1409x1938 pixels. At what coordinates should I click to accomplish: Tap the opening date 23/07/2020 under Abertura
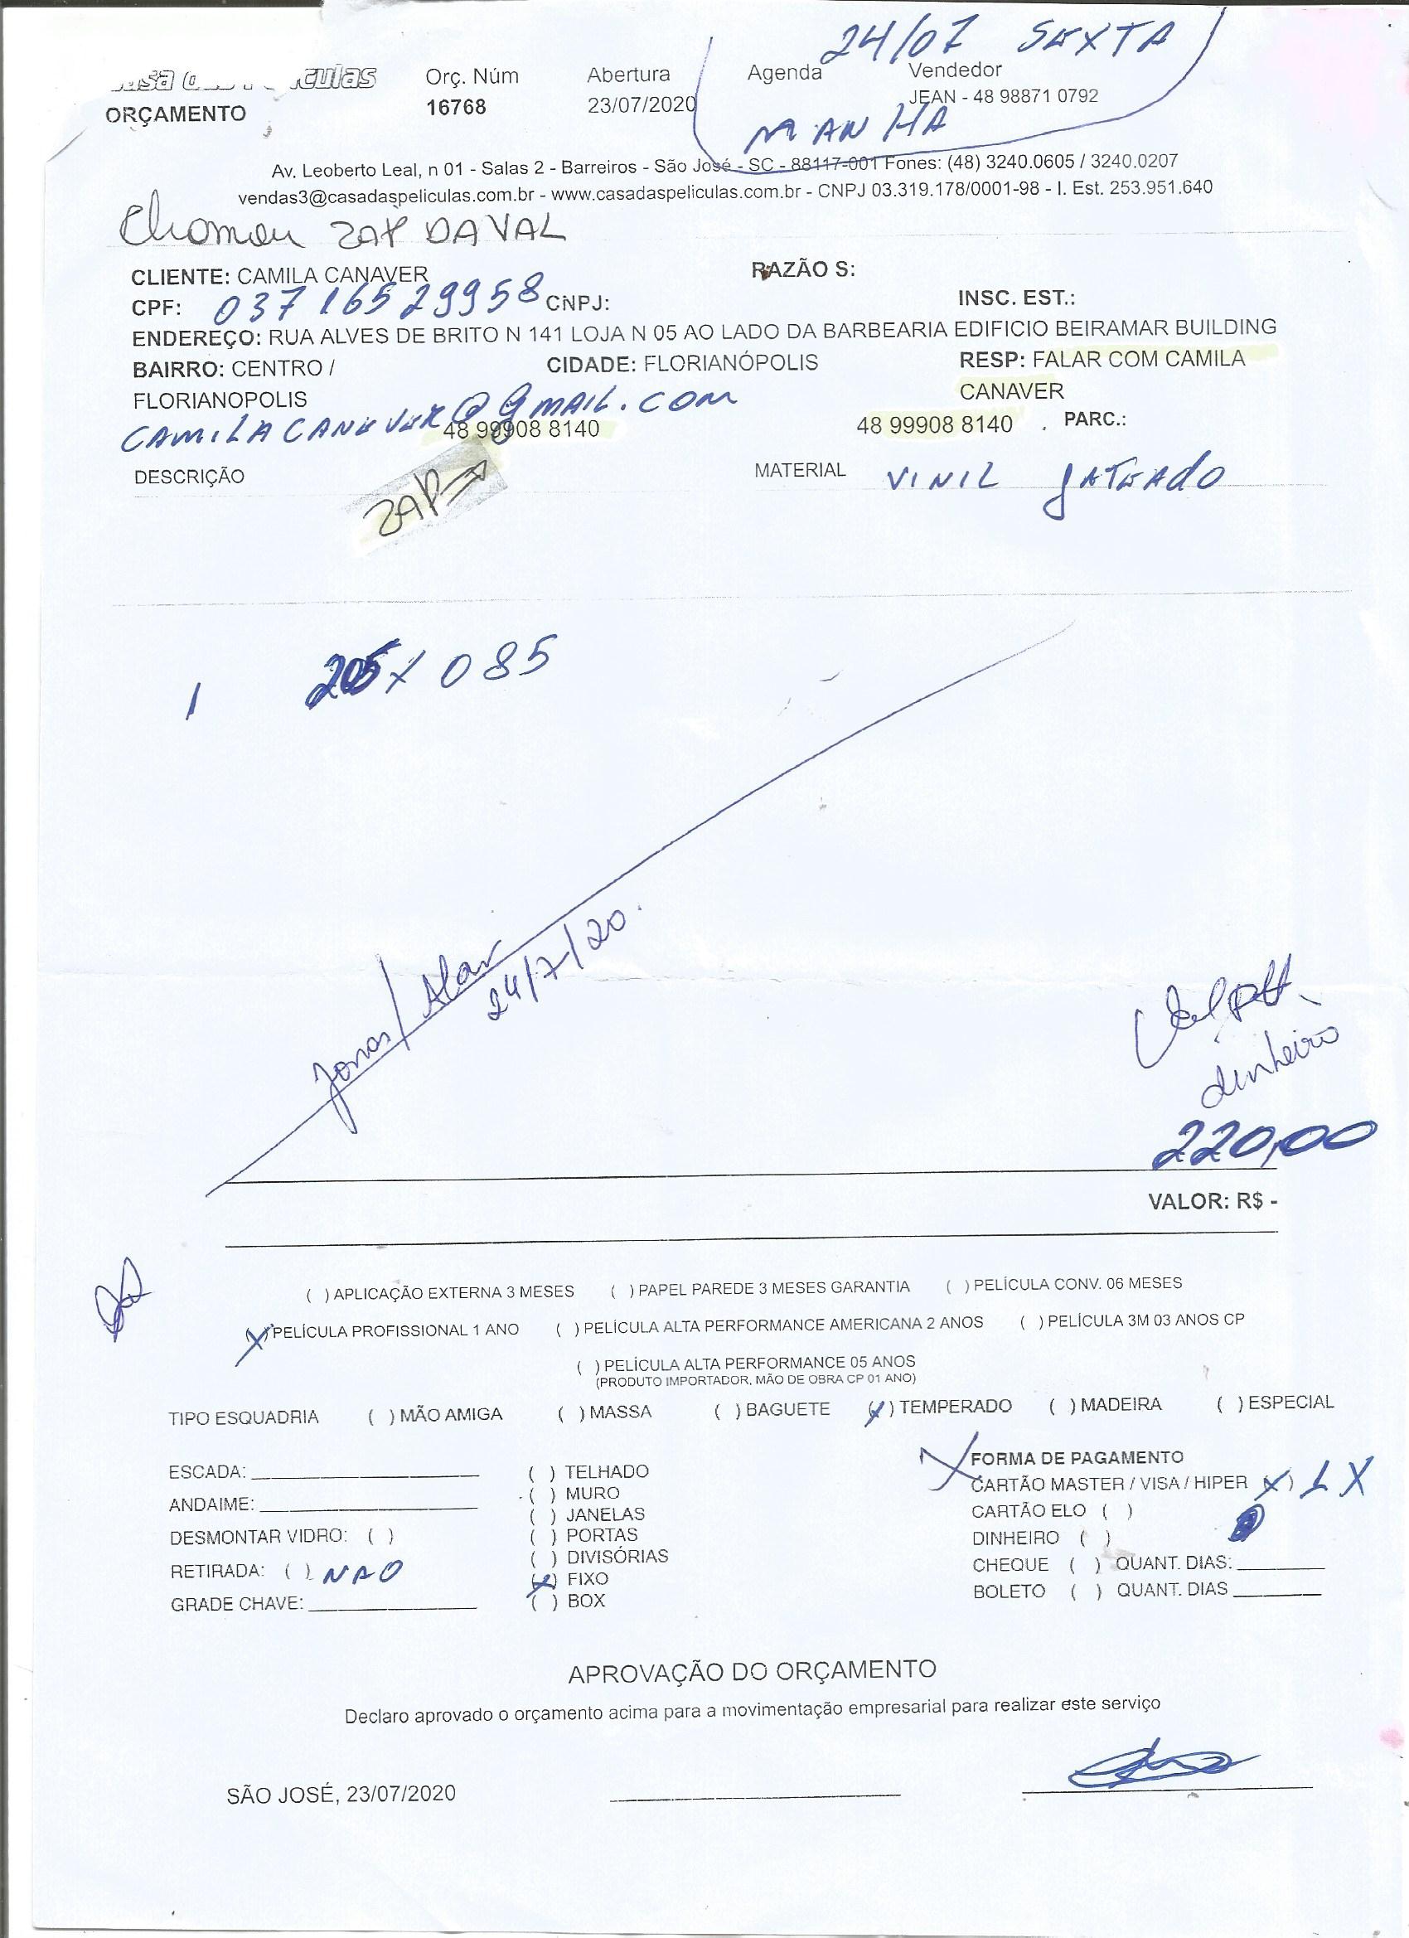pyautogui.click(x=641, y=105)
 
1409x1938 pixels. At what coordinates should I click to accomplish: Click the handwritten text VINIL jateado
pyautogui.click(x=1043, y=482)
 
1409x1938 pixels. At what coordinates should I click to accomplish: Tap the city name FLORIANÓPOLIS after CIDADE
pyautogui.click(x=730, y=363)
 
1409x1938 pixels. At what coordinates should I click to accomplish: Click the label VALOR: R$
pyautogui.click(x=1212, y=1201)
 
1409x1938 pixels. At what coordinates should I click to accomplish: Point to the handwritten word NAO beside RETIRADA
pyautogui.click(x=355, y=1571)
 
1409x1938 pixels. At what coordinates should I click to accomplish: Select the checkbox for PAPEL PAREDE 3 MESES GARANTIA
pyautogui.click(x=619, y=1289)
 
